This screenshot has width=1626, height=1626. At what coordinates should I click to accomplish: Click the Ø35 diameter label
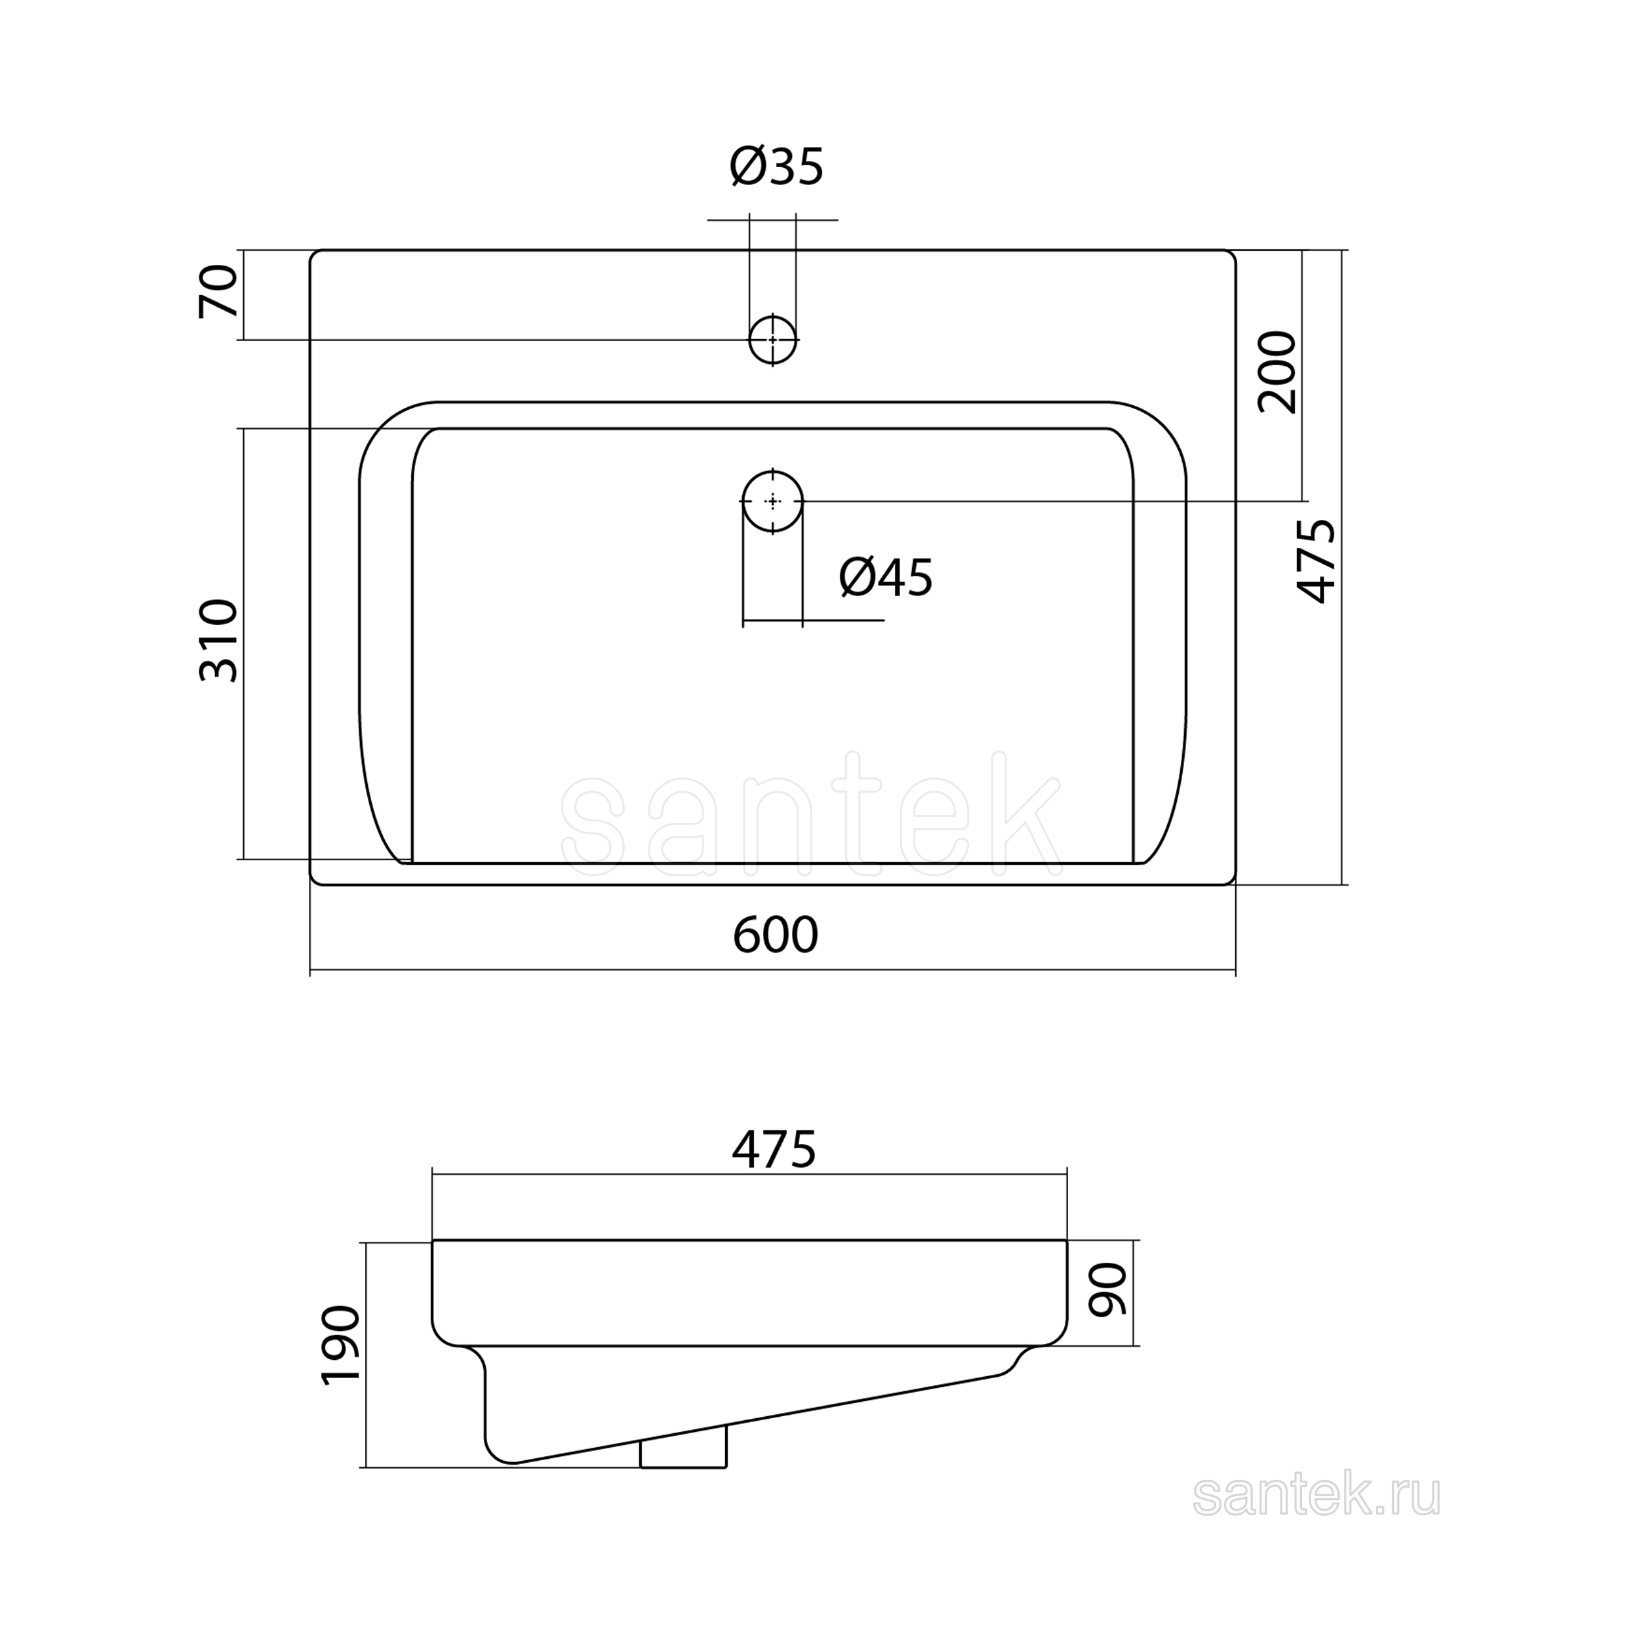776,166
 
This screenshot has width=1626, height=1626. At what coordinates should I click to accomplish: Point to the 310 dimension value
219,640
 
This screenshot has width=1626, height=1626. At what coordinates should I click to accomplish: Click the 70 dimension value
219,291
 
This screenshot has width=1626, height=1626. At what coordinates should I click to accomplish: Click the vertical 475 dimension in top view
1315,561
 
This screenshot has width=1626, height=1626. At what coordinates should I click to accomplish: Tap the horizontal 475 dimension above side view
774,1149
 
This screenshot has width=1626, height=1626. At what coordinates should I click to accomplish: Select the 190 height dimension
341,1345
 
